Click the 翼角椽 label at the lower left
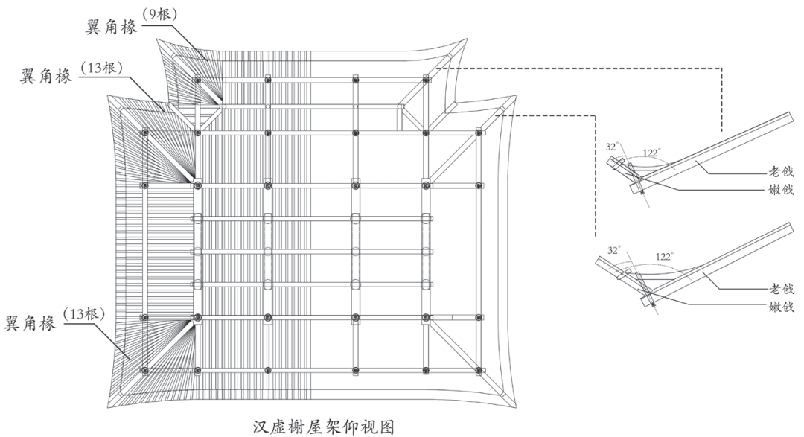(36, 324)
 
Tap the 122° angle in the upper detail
(652, 153)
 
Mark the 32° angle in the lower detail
(613, 251)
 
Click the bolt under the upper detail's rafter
(639, 191)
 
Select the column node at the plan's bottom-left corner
(144, 370)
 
